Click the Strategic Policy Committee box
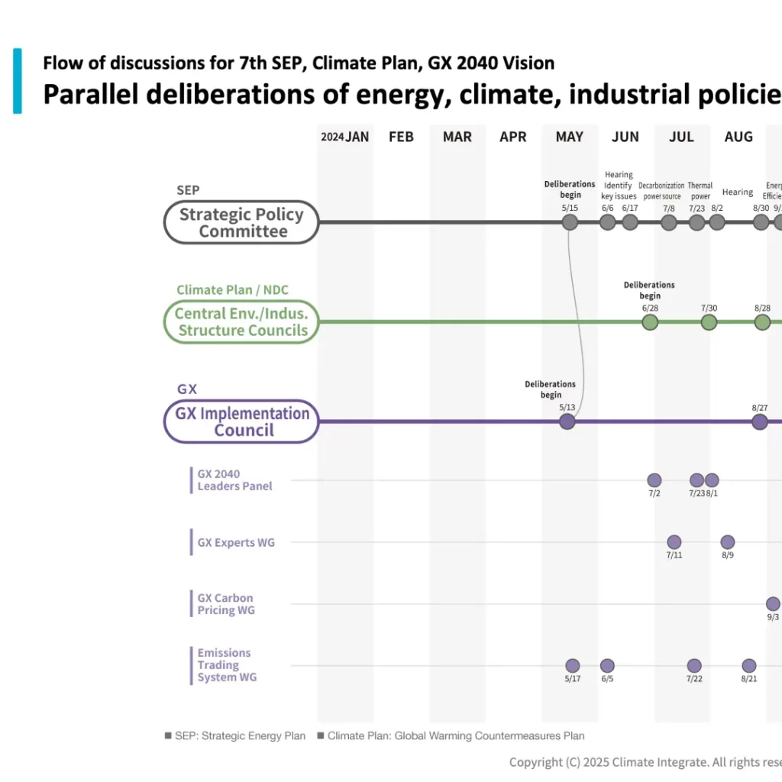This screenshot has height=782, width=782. click(x=241, y=222)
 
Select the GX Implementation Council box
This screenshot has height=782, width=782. click(x=241, y=422)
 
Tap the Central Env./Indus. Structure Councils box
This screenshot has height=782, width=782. click(x=241, y=322)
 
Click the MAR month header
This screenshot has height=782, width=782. click(x=457, y=137)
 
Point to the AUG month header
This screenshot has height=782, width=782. click(x=738, y=137)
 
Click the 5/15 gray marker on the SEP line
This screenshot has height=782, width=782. click(x=570, y=222)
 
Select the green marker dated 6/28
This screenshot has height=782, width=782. click(x=650, y=322)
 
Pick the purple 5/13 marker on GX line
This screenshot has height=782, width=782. click(x=567, y=422)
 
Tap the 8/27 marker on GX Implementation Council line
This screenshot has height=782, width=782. click(x=759, y=422)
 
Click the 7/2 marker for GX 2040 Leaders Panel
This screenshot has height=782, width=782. click(x=654, y=480)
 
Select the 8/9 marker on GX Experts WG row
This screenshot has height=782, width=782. click(x=728, y=542)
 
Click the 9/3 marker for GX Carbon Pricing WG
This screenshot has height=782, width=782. click(x=773, y=604)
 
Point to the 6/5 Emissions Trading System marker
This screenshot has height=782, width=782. click(x=607, y=666)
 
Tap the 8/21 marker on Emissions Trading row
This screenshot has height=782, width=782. click(x=749, y=666)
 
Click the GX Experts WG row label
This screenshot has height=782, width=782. click(x=236, y=543)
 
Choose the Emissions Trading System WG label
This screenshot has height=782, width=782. click(x=227, y=665)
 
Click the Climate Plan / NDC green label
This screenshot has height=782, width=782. click(x=232, y=290)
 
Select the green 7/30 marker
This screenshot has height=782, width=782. click(x=709, y=322)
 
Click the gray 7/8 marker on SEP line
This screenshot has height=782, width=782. click(x=669, y=222)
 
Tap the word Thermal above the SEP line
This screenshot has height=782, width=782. click(x=700, y=186)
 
